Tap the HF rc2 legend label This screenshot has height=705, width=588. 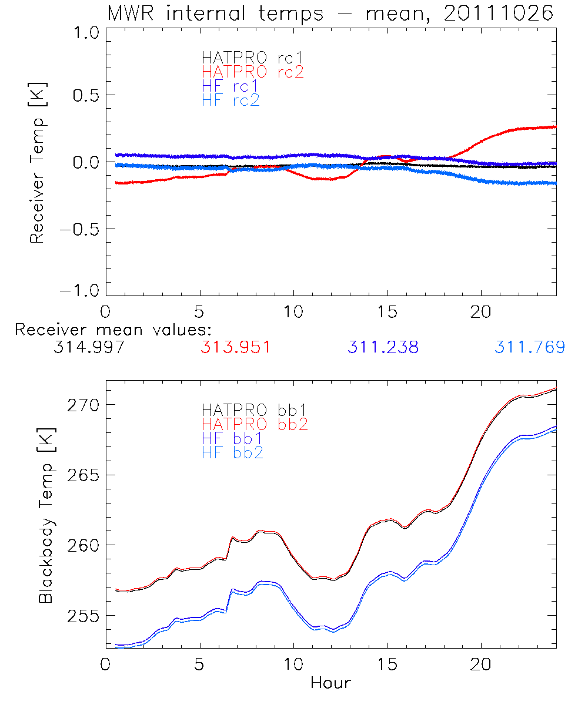coord(230,100)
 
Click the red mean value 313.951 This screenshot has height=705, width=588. coord(236,347)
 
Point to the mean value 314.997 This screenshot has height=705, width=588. coord(89,347)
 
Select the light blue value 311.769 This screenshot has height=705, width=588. coord(530,347)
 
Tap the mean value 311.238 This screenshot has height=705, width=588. coord(383,347)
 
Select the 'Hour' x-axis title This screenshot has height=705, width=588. coord(330,683)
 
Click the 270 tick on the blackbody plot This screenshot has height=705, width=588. coord(83,405)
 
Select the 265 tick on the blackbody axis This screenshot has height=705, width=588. coord(83,475)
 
